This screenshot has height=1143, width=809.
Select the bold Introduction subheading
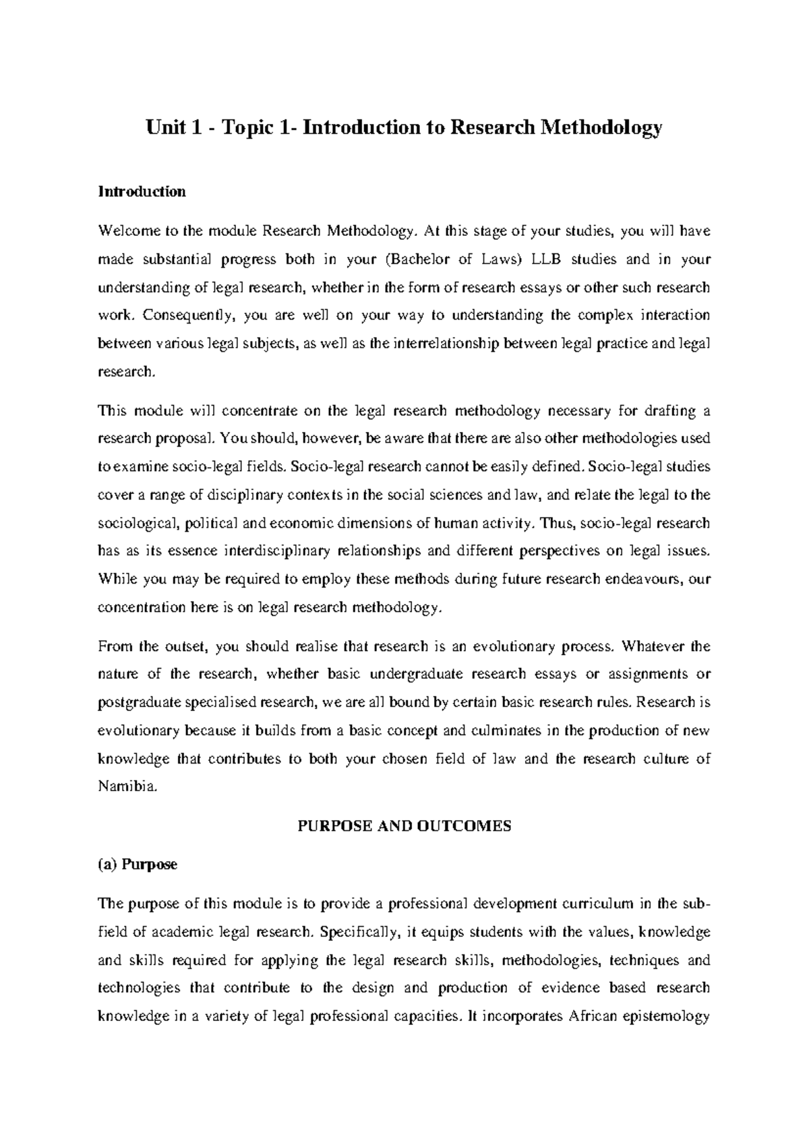(142, 191)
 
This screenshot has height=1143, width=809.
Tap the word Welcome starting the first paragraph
(125, 231)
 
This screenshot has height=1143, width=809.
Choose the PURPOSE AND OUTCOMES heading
(404, 826)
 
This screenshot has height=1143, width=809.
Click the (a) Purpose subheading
(138, 865)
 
